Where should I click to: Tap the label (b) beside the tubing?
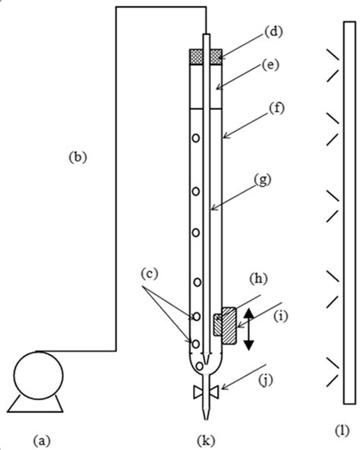coord(78,158)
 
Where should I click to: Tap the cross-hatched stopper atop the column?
coord(205,56)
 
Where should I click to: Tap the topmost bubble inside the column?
coord(196,139)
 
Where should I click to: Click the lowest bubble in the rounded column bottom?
coord(201,367)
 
